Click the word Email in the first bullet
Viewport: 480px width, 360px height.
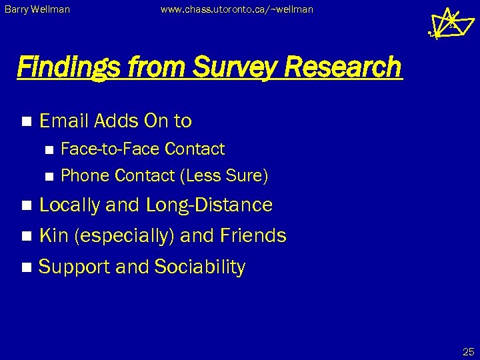pyautogui.click(x=64, y=121)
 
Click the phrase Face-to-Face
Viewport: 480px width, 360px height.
pyautogui.click(x=110, y=149)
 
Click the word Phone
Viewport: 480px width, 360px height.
pyautogui.click(x=85, y=175)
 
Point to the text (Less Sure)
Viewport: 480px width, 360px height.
pyautogui.click(x=224, y=175)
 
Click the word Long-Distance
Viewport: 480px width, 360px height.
pyautogui.click(x=209, y=205)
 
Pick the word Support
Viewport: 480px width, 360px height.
pyautogui.click(x=74, y=267)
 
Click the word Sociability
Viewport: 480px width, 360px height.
pyautogui.click(x=199, y=267)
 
